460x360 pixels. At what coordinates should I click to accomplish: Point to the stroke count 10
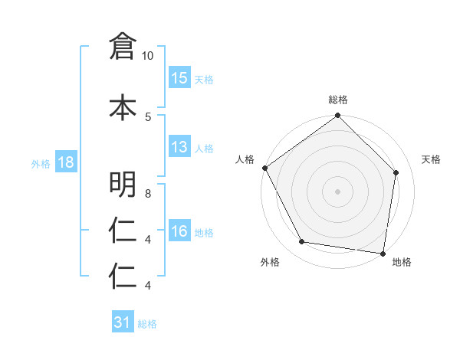(x=148, y=56)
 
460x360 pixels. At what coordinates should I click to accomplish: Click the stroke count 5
(x=148, y=116)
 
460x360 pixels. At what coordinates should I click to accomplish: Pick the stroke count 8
(x=148, y=194)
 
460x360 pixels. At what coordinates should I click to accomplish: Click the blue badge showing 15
(x=179, y=78)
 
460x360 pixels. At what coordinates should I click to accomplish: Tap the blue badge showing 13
(x=179, y=147)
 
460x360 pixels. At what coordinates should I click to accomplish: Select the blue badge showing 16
(x=179, y=231)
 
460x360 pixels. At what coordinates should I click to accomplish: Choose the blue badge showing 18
(x=66, y=163)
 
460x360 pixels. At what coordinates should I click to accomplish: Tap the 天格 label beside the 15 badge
(x=204, y=79)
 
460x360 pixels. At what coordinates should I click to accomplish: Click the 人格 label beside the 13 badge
(x=204, y=148)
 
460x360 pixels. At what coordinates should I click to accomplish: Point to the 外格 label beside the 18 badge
(x=41, y=164)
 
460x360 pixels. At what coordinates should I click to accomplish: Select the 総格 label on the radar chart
(x=338, y=100)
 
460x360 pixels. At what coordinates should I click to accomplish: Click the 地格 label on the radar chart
(x=402, y=262)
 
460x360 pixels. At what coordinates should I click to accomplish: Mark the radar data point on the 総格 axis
(x=337, y=116)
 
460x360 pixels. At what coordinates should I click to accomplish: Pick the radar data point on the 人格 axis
(x=264, y=168)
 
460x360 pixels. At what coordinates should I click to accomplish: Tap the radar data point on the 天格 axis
(x=396, y=172)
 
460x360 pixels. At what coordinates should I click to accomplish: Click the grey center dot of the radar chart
(x=337, y=191)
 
